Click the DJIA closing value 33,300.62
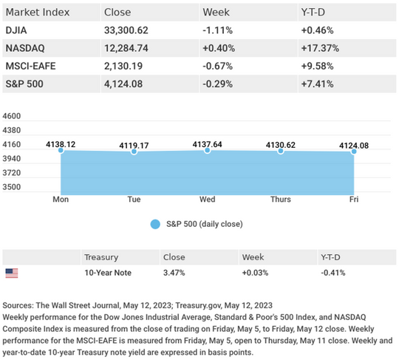pyautogui.click(x=126, y=30)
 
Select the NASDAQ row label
pyautogui.click(x=25, y=48)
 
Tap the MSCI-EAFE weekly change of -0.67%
pyautogui.click(x=217, y=67)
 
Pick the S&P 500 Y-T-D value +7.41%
pyautogui.click(x=317, y=84)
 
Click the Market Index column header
pyautogui.click(x=38, y=13)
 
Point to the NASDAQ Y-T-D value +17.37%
pyautogui.click(x=320, y=48)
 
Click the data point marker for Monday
pyautogui.click(x=61, y=150)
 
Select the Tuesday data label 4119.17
pyautogui.click(x=134, y=146)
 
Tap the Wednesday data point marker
pyautogui.click(x=208, y=151)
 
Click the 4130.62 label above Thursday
pyautogui.click(x=281, y=145)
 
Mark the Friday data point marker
pyautogui.click(x=354, y=152)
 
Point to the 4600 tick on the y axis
pyautogui.click(x=11, y=116)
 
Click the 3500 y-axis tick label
pyautogui.click(x=11, y=187)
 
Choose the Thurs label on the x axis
pyautogui.click(x=281, y=199)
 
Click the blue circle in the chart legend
pyautogui.click(x=155, y=224)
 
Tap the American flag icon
pyautogui.click(x=12, y=274)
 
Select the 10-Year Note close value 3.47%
pyautogui.click(x=174, y=273)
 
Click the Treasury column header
pyautogui.click(x=101, y=257)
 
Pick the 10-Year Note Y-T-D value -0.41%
pyautogui.click(x=333, y=273)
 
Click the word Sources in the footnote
pyautogui.click(x=18, y=305)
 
